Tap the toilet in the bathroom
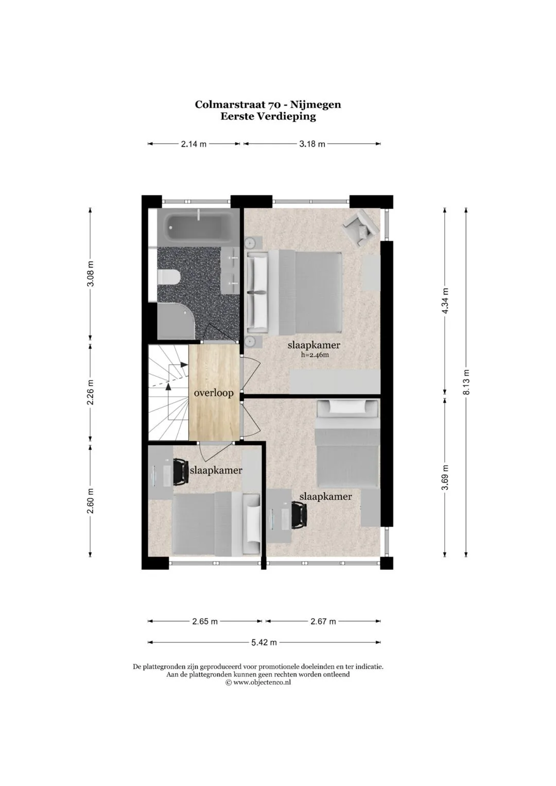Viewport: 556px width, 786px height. pyautogui.click(x=168, y=277)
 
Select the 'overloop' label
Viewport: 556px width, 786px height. pyautogui.click(x=214, y=393)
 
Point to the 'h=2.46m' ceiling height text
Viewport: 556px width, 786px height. pyautogui.click(x=315, y=355)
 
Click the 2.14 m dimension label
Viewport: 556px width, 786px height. pyautogui.click(x=194, y=144)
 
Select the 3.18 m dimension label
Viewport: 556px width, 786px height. pyautogui.click(x=312, y=144)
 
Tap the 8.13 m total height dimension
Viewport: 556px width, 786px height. pyautogui.click(x=466, y=382)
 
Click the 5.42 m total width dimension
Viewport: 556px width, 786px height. pyautogui.click(x=264, y=642)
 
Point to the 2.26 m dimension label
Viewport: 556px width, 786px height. pyautogui.click(x=91, y=392)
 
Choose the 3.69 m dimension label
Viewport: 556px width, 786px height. pyautogui.click(x=445, y=478)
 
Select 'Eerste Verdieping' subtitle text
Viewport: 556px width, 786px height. pyautogui.click(x=268, y=116)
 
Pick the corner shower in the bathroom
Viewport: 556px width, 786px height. pyautogui.click(x=176, y=321)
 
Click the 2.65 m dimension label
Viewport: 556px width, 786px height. pyautogui.click(x=205, y=621)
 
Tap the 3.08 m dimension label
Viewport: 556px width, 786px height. pyautogui.click(x=91, y=273)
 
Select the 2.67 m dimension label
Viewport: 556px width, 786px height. pyautogui.click(x=323, y=621)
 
